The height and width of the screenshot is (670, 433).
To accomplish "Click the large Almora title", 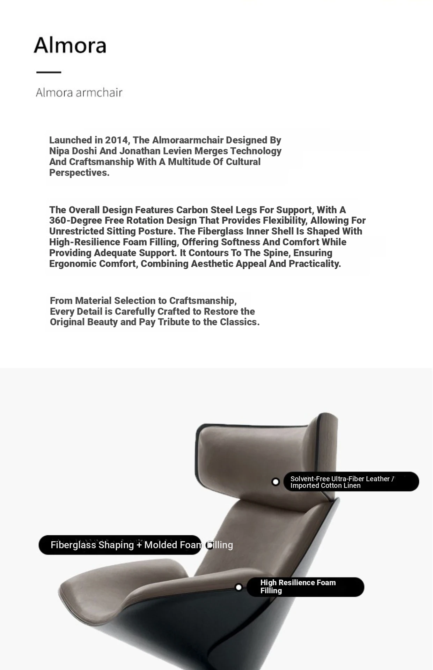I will tap(70, 45).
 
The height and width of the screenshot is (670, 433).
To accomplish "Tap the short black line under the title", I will tap(49, 72).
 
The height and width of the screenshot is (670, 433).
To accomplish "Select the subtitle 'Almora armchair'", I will tap(79, 92).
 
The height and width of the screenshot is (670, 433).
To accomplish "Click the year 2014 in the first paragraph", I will tap(117, 140).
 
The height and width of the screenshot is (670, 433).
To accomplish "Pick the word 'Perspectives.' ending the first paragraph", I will tap(79, 173).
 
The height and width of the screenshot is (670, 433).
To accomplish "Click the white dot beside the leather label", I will tap(276, 482).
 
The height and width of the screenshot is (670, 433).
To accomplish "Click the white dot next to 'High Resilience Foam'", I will tap(238, 587).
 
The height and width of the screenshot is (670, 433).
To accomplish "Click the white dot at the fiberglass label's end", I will tap(210, 545).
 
